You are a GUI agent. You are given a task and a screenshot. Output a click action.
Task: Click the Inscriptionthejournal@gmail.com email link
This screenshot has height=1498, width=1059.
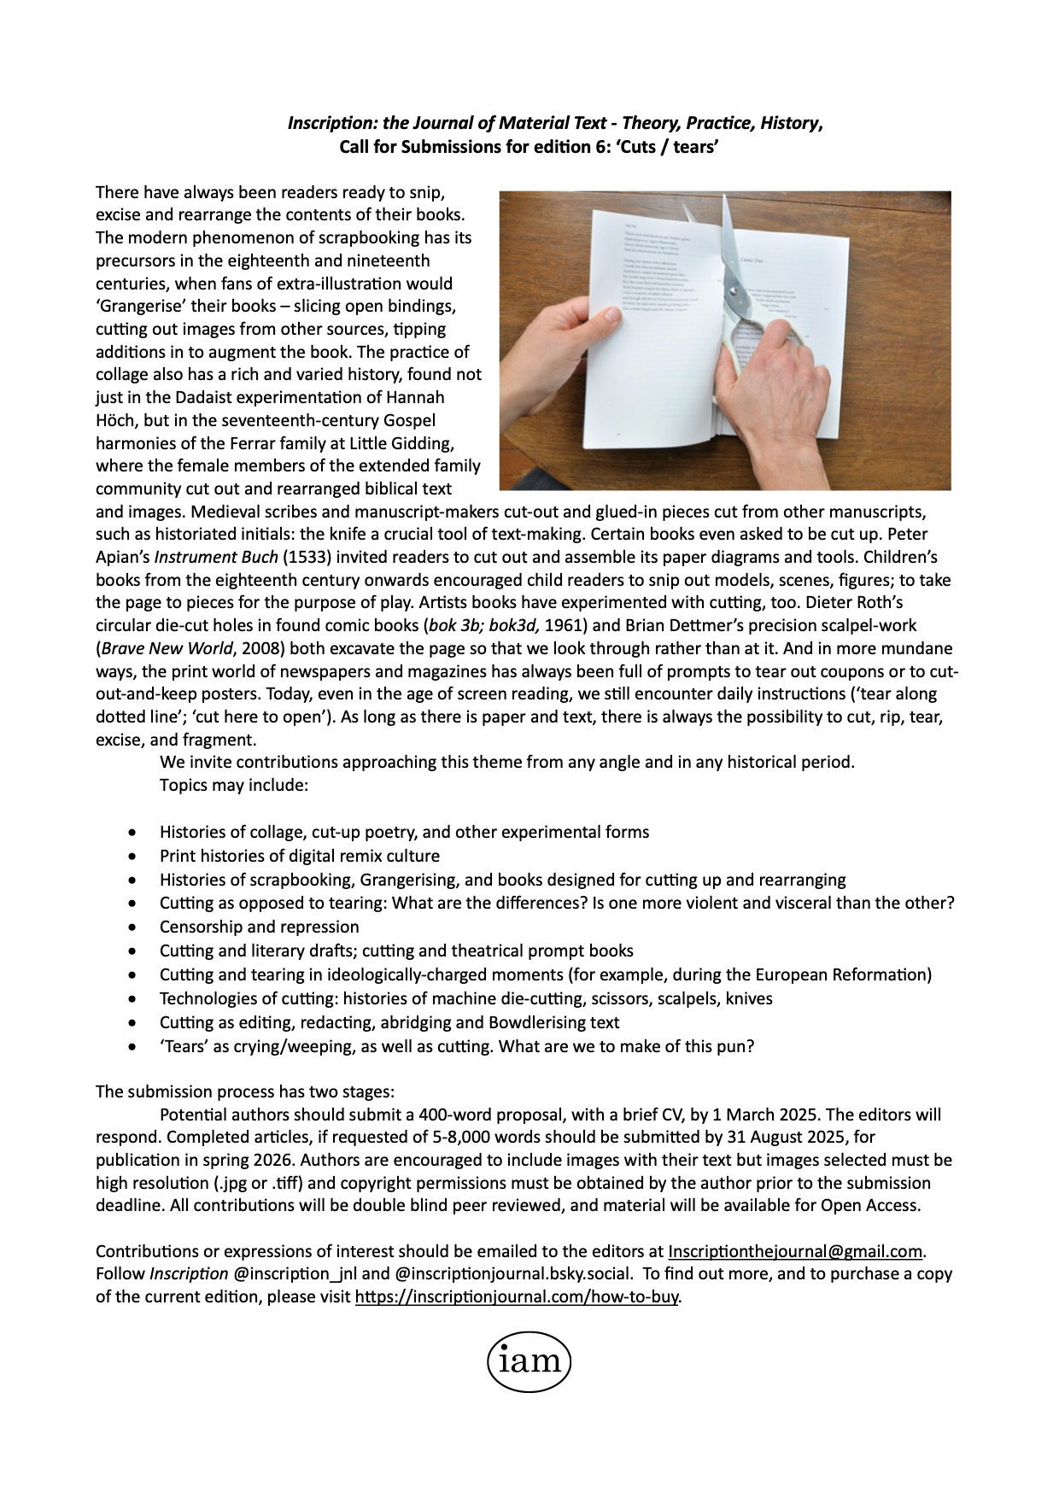click(x=795, y=1251)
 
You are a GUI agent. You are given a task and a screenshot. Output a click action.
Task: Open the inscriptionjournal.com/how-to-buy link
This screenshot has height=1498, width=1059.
click(x=517, y=1297)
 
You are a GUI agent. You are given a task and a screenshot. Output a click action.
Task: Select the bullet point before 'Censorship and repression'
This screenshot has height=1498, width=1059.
click(x=131, y=927)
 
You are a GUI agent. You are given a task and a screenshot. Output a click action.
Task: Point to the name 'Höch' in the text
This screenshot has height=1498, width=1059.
click(x=114, y=420)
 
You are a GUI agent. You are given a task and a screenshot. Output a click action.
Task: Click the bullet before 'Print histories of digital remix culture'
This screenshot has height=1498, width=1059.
click(x=131, y=856)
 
